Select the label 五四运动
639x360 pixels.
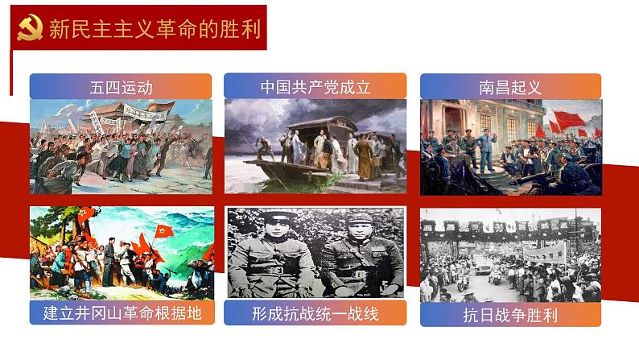pos(121,86)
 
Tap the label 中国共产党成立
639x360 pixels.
pos(315,86)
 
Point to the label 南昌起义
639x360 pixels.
pos(510,86)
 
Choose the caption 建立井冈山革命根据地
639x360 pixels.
pos(122,312)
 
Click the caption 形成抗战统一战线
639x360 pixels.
pos(315,312)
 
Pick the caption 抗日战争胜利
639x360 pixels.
pos(510,313)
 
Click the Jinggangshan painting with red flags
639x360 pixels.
pos(122,253)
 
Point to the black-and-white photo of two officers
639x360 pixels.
pos(315,253)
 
